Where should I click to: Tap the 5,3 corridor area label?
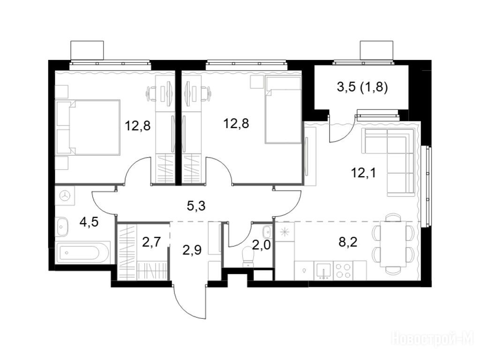tap(196, 206)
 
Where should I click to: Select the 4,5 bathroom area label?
tap(89, 222)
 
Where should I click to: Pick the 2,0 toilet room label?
tap(262, 245)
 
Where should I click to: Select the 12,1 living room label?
tap(363, 173)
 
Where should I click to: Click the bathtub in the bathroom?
tap(82, 252)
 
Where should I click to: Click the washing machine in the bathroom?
tap(65, 196)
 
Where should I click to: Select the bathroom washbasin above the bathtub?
tap(62, 226)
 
